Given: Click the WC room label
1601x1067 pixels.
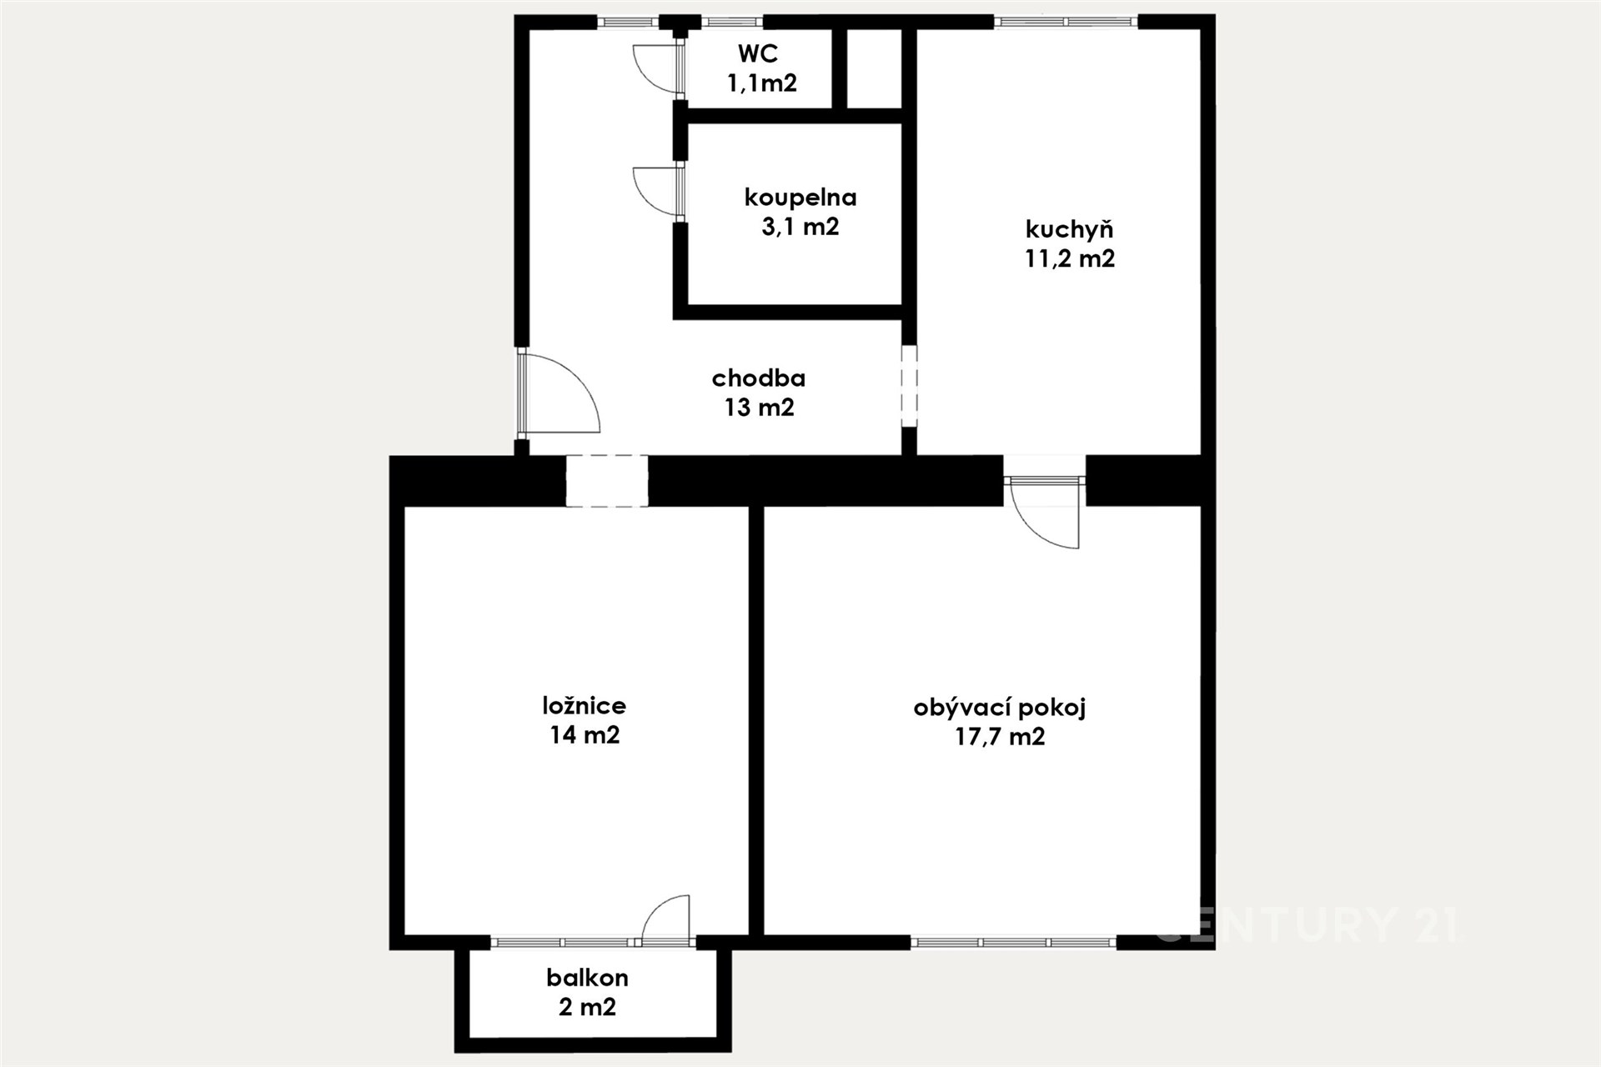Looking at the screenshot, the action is point(758,53).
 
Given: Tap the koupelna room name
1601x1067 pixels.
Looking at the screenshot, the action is point(800,198).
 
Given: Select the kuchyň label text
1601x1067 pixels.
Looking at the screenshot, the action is point(1069,229).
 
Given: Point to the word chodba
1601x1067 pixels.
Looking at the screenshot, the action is point(759,378).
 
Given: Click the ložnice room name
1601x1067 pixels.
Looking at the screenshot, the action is point(584,706).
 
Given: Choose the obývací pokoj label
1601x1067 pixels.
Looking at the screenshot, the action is point(1000,708).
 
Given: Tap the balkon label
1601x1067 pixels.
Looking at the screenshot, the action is point(588,977).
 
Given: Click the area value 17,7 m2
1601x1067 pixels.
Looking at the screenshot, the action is point(1000,737).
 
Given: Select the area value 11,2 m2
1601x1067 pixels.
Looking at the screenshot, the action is point(1070,258).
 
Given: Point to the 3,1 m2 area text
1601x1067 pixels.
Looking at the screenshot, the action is point(800,227).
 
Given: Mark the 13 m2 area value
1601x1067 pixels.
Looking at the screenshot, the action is point(759,408).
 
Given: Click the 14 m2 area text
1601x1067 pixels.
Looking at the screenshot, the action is point(585,735).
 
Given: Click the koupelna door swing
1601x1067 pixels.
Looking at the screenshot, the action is point(658,192).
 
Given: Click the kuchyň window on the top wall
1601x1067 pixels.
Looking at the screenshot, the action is point(1066,23).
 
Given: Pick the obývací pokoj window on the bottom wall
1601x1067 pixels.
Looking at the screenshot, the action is point(1013,943).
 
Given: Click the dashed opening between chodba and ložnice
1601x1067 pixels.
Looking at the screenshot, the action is point(607,481).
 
